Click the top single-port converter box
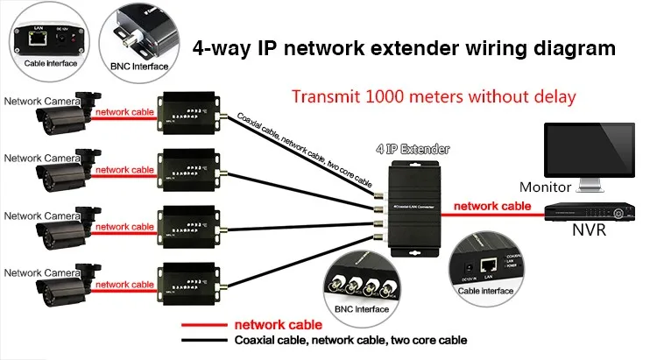point(185,114)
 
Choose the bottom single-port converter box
point(185,285)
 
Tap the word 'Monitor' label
point(545,187)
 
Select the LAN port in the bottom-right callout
point(491,262)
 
